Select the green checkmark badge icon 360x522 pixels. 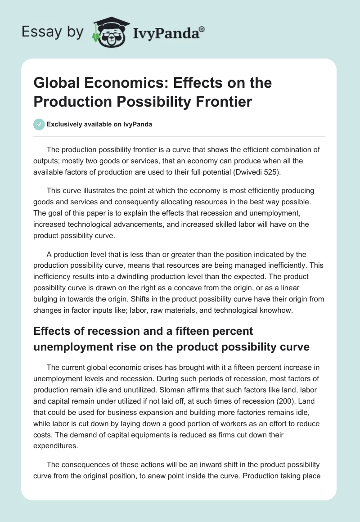pos(39,124)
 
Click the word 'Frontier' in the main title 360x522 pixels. pos(225,102)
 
